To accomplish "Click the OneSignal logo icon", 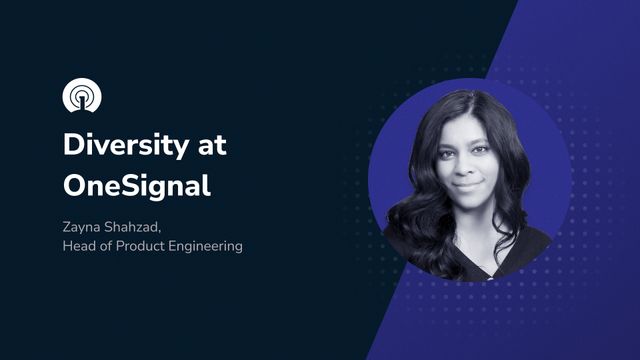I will pyautogui.click(x=82, y=96).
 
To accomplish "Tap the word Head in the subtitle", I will pyautogui.click(x=81, y=246).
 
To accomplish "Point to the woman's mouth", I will pyautogui.click(x=468, y=186).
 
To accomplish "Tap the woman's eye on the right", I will pyautogui.click(x=483, y=150).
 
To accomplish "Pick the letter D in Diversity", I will pyautogui.click(x=75, y=145).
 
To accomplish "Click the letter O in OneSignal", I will pyautogui.click(x=75, y=186).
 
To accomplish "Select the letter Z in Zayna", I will pyautogui.click(x=67, y=226).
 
